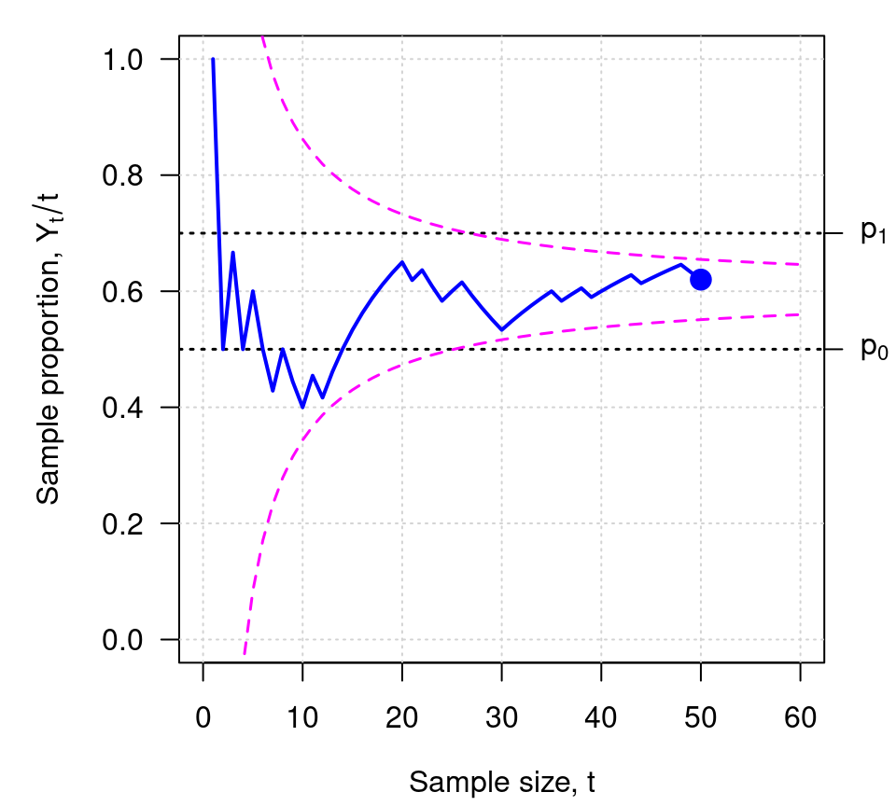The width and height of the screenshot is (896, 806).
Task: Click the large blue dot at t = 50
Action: click(x=701, y=279)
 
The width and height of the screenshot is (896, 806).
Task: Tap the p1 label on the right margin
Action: click(x=873, y=232)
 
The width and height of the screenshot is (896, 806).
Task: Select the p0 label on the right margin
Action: click(x=873, y=349)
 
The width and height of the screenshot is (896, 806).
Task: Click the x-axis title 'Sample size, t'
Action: click(x=502, y=782)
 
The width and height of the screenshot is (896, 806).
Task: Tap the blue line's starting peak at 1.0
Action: click(x=213, y=60)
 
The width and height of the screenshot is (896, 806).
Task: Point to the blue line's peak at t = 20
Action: click(x=401, y=262)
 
